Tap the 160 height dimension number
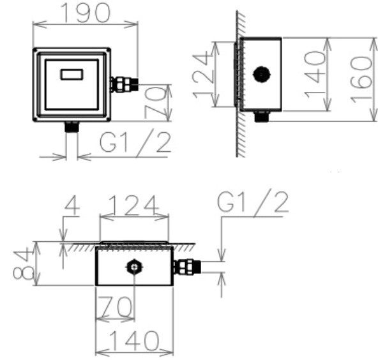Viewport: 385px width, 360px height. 361,79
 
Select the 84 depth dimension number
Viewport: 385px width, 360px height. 24,265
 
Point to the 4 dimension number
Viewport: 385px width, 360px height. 72,205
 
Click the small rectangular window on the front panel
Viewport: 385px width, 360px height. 72,74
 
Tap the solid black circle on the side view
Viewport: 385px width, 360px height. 262,74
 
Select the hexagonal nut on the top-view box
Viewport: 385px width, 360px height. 134,267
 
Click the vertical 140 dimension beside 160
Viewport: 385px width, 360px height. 315,74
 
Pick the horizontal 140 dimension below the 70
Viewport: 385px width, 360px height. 134,341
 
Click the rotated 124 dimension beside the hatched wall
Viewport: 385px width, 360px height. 203,77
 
